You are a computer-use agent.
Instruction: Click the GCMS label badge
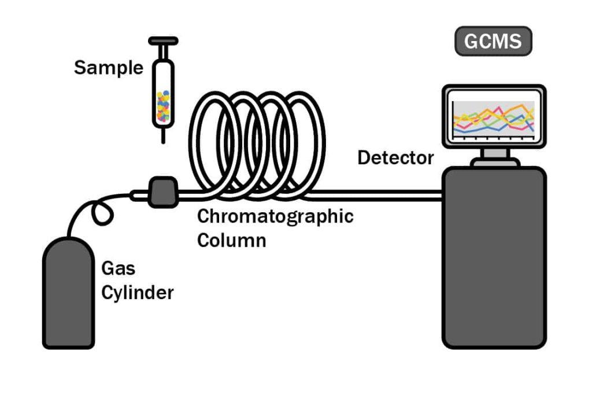pyautogui.click(x=493, y=41)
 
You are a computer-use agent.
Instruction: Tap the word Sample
pyautogui.click(x=108, y=68)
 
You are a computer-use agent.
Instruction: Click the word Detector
pyautogui.click(x=395, y=157)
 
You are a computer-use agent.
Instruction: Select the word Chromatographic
pyautogui.click(x=275, y=217)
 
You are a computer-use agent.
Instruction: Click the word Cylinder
pyautogui.click(x=137, y=293)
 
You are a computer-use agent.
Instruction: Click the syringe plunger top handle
pyautogui.click(x=163, y=41)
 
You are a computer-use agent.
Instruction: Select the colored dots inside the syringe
pyautogui.click(x=163, y=105)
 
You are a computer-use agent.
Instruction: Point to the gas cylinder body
pyautogui.click(x=68, y=295)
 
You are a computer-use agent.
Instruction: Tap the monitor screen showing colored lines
pyautogui.click(x=493, y=118)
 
